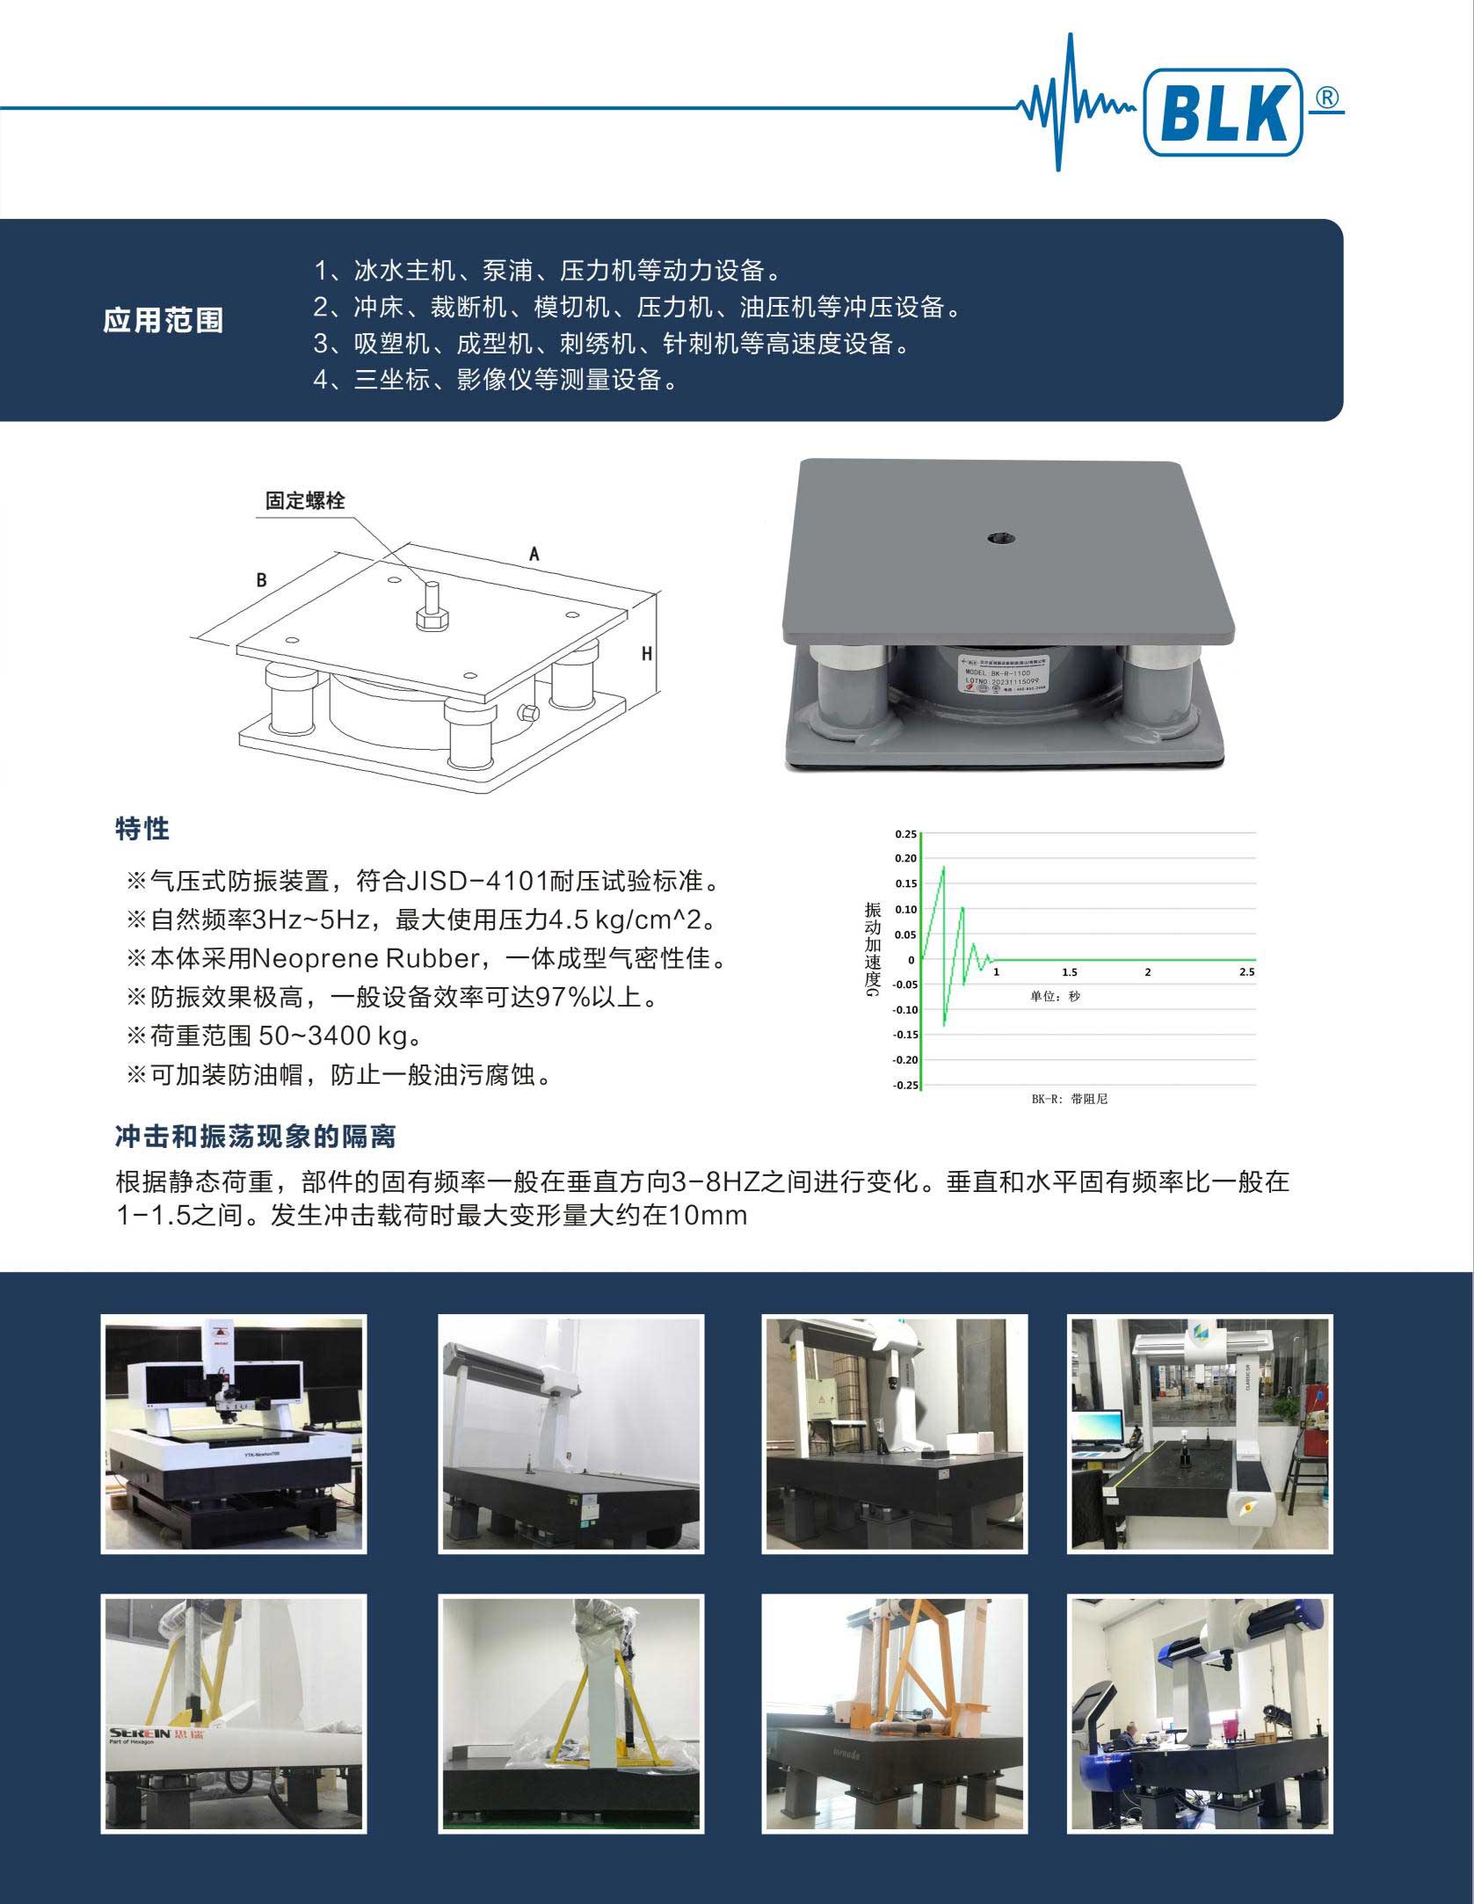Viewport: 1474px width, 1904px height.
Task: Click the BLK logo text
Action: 1222,113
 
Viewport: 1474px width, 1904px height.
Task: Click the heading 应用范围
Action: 163,320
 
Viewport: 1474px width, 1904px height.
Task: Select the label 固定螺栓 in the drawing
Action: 305,501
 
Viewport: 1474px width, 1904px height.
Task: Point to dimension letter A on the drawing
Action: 534,554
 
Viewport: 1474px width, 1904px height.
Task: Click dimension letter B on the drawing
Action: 261,580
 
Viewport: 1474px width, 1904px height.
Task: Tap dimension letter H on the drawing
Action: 647,653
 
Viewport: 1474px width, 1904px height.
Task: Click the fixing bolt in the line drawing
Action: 431,606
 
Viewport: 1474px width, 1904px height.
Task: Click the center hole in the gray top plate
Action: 999,536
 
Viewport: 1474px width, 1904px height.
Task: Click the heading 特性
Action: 142,828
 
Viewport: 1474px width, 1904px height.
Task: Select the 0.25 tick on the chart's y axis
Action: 904,833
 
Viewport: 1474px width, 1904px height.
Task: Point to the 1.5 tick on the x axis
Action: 1069,972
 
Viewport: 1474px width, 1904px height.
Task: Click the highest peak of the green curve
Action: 944,868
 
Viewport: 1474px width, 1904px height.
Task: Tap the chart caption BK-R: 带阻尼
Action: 1069,1099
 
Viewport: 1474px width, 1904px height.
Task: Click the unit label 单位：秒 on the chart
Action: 1055,997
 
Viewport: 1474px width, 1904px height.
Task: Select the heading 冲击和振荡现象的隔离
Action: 256,1137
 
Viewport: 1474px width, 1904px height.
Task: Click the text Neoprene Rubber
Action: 359,958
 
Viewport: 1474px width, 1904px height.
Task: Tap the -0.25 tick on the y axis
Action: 904,1085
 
